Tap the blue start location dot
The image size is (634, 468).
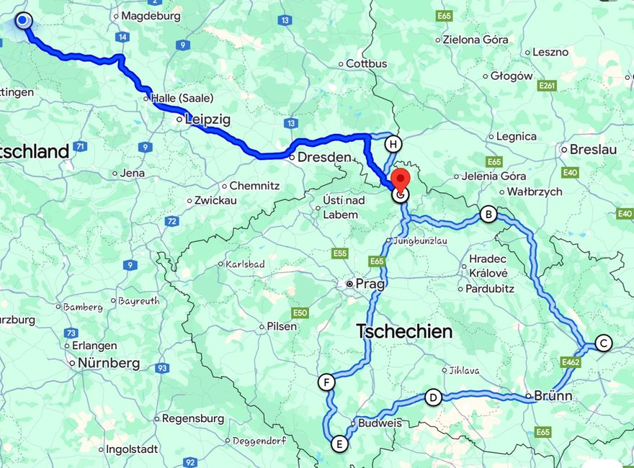(23, 20)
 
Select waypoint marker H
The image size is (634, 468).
(393, 144)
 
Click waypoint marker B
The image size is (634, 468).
(488, 214)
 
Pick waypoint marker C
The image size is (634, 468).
(604, 343)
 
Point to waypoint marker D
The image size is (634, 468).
(433, 397)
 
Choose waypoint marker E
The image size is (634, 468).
(338, 444)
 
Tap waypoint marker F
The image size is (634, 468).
(327, 382)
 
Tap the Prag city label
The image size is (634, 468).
(370, 284)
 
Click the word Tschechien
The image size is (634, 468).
(404, 331)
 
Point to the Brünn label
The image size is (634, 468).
(553, 395)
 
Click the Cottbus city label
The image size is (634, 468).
(366, 63)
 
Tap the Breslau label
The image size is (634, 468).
(593, 150)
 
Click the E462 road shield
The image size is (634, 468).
(571, 362)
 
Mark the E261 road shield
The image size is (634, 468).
(547, 86)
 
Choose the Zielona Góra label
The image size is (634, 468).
(475, 40)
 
